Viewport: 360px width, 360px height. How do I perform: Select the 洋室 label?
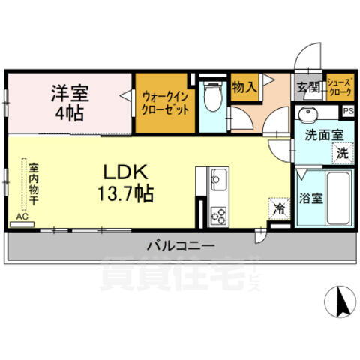pos(70,94)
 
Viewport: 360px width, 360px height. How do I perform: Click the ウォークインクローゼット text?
pos(165,101)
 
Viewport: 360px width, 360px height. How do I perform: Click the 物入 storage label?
pos(244,86)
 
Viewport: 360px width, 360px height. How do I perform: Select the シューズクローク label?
pos(340,87)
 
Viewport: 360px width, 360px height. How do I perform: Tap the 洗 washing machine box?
pos(341,153)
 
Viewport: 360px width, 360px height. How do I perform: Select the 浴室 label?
pos(310,200)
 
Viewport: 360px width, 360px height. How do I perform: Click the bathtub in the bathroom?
pos(338,199)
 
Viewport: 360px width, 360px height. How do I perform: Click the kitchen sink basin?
pos(219,181)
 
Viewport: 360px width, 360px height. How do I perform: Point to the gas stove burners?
pos(219,214)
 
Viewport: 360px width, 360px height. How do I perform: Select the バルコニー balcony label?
pos(181,245)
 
